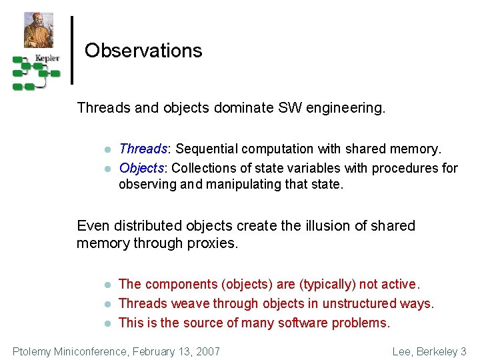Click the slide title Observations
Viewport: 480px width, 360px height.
tap(143, 51)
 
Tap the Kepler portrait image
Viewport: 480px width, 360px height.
tap(39, 30)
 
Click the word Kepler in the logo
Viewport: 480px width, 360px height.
tap(47, 58)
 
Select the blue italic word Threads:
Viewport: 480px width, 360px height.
tap(145, 149)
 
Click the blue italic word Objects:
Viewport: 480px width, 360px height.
tap(143, 168)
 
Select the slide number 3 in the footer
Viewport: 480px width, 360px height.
tap(463, 351)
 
